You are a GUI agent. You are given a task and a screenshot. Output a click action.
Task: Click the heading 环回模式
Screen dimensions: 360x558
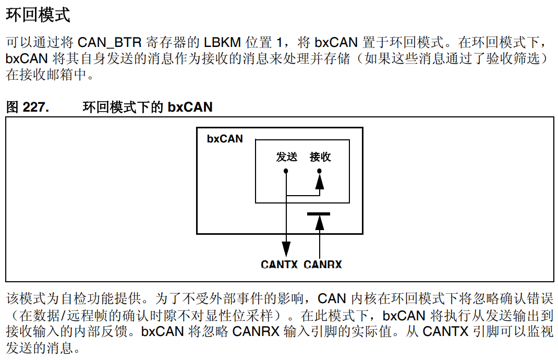coord(38,15)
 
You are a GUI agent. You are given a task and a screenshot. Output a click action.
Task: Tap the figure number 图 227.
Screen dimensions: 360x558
coord(27,107)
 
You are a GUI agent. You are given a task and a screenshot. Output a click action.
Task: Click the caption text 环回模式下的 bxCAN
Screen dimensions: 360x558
coord(148,107)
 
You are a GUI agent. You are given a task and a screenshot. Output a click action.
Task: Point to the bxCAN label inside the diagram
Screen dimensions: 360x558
coord(225,139)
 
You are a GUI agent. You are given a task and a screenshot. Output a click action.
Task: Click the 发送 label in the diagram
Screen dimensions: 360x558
coord(286,157)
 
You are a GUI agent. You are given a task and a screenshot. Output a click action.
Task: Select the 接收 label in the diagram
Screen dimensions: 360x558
coord(320,157)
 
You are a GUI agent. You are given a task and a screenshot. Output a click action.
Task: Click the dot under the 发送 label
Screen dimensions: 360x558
coord(286,171)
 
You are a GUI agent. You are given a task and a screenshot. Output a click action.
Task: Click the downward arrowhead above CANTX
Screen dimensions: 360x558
coord(286,247)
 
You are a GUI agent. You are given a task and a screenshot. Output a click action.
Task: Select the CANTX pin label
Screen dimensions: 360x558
coord(279,265)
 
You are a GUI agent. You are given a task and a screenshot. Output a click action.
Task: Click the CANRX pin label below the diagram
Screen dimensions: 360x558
coord(322,265)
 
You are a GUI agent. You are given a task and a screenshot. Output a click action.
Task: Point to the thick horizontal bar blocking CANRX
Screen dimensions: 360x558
coord(319,213)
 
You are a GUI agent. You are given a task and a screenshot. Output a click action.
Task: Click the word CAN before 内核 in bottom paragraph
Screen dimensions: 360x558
coord(332,299)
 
